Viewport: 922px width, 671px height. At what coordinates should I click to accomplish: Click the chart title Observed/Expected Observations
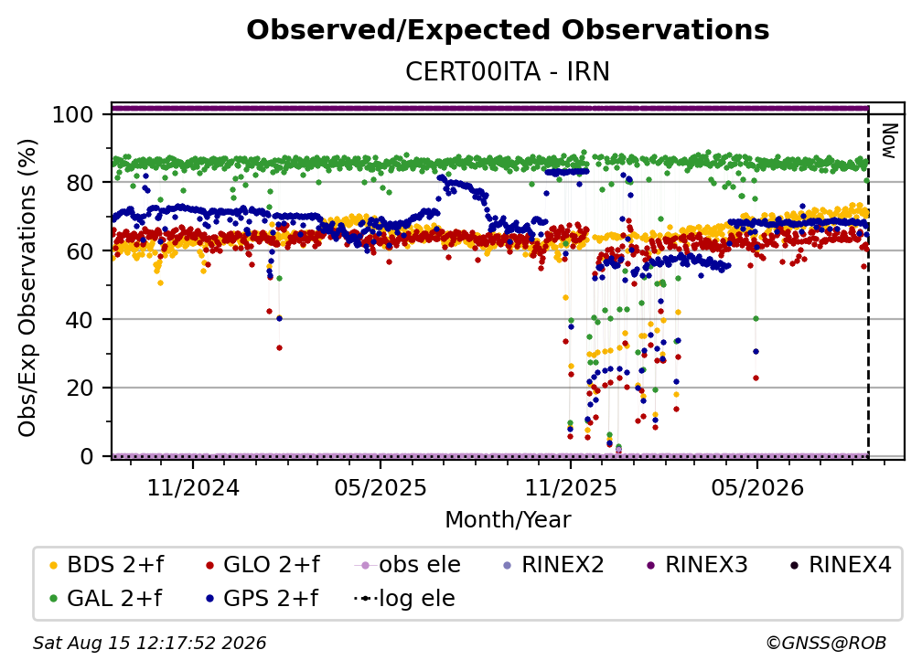click(x=508, y=30)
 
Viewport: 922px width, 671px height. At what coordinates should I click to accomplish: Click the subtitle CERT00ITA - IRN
click(x=508, y=72)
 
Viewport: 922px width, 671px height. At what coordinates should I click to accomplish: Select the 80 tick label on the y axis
click(x=80, y=183)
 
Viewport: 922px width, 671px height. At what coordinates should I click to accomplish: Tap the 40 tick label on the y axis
click(x=80, y=320)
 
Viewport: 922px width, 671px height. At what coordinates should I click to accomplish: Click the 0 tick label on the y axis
click(x=87, y=456)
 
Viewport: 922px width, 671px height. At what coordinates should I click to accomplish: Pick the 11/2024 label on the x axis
click(x=193, y=487)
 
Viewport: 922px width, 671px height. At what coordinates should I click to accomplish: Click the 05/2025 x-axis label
click(x=381, y=487)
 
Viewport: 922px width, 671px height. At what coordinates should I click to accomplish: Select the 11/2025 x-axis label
click(x=571, y=487)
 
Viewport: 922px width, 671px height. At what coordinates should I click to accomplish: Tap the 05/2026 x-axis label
click(x=757, y=487)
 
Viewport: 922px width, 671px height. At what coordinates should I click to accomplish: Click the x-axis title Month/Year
click(x=508, y=519)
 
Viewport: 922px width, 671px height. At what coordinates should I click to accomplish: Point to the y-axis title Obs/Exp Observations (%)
click(x=27, y=288)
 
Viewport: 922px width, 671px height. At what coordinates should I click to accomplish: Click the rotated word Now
click(x=889, y=141)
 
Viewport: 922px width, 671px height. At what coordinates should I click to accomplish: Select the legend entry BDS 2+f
click(x=107, y=565)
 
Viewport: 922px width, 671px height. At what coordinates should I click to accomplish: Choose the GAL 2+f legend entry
click(x=106, y=599)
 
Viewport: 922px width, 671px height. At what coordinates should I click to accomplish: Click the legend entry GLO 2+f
click(x=263, y=565)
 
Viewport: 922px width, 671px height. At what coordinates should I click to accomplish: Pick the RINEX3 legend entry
click(x=697, y=565)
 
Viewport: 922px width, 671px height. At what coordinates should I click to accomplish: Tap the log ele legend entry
click(x=404, y=599)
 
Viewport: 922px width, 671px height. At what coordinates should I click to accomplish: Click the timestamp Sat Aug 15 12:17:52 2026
click(x=149, y=644)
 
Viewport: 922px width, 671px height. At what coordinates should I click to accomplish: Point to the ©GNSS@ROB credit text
click(x=826, y=644)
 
